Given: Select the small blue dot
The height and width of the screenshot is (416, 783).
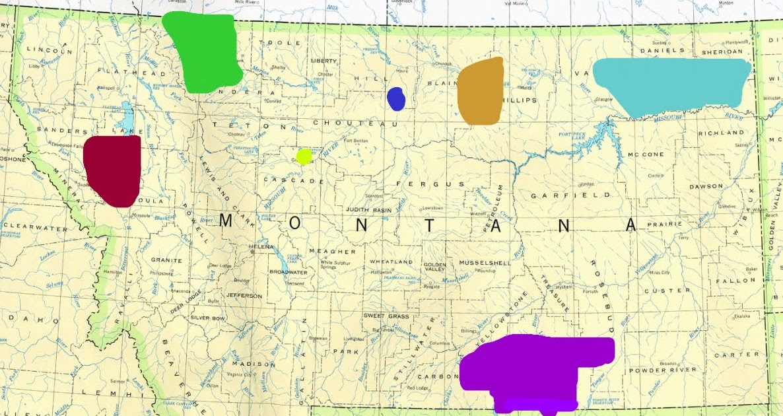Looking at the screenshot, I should (395, 98).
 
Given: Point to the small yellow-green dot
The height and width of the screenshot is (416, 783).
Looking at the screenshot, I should (304, 156).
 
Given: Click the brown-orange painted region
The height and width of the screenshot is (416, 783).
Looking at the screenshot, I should (481, 91).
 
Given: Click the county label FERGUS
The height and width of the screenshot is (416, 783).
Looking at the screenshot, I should (422, 184).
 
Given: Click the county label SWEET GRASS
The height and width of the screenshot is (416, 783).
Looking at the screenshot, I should (387, 316).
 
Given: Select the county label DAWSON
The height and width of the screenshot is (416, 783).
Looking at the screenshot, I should (706, 186).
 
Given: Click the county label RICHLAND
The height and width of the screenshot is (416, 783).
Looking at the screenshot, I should (722, 133).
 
